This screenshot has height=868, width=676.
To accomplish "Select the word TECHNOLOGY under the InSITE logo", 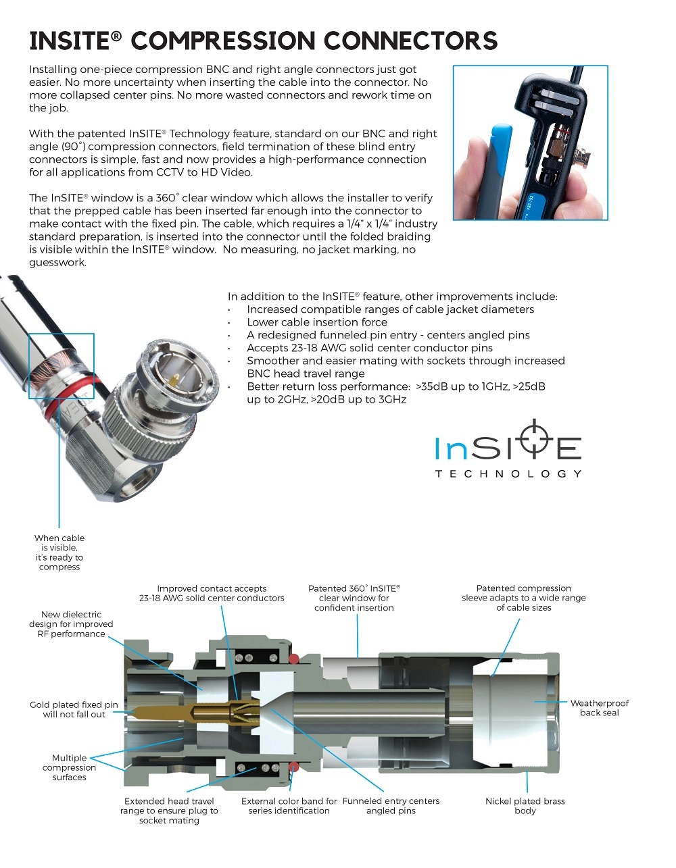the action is click(x=508, y=474).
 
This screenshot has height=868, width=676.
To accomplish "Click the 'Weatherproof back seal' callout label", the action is click(x=599, y=708).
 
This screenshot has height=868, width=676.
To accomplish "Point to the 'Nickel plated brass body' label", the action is click(x=525, y=806).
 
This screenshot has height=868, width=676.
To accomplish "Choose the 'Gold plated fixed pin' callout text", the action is click(x=74, y=709).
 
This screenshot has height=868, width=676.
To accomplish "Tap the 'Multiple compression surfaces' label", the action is click(x=69, y=767).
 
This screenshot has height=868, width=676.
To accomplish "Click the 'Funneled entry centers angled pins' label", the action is click(x=391, y=806).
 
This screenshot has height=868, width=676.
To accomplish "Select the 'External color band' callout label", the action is click(x=289, y=806).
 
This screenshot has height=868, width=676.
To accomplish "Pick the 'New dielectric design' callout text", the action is click(x=71, y=624).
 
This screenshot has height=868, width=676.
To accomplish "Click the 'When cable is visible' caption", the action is click(x=59, y=553).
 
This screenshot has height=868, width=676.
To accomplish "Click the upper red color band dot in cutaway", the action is click(x=294, y=659).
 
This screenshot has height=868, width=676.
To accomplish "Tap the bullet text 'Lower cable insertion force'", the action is click(x=317, y=322).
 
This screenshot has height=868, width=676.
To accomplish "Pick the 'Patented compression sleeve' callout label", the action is click(x=524, y=598).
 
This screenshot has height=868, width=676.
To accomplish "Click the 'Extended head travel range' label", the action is click(x=169, y=811).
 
